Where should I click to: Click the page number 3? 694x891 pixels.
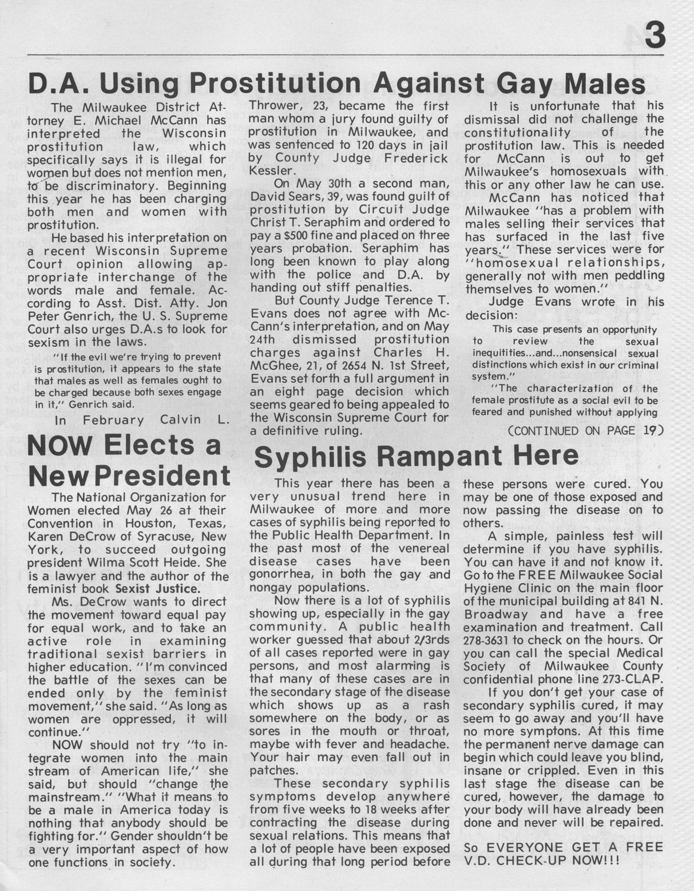click(x=655, y=34)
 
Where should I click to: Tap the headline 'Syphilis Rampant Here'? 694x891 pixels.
click(x=416, y=456)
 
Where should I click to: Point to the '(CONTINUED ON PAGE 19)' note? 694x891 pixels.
click(x=586, y=430)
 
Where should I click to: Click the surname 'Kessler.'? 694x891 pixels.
click(x=273, y=171)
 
